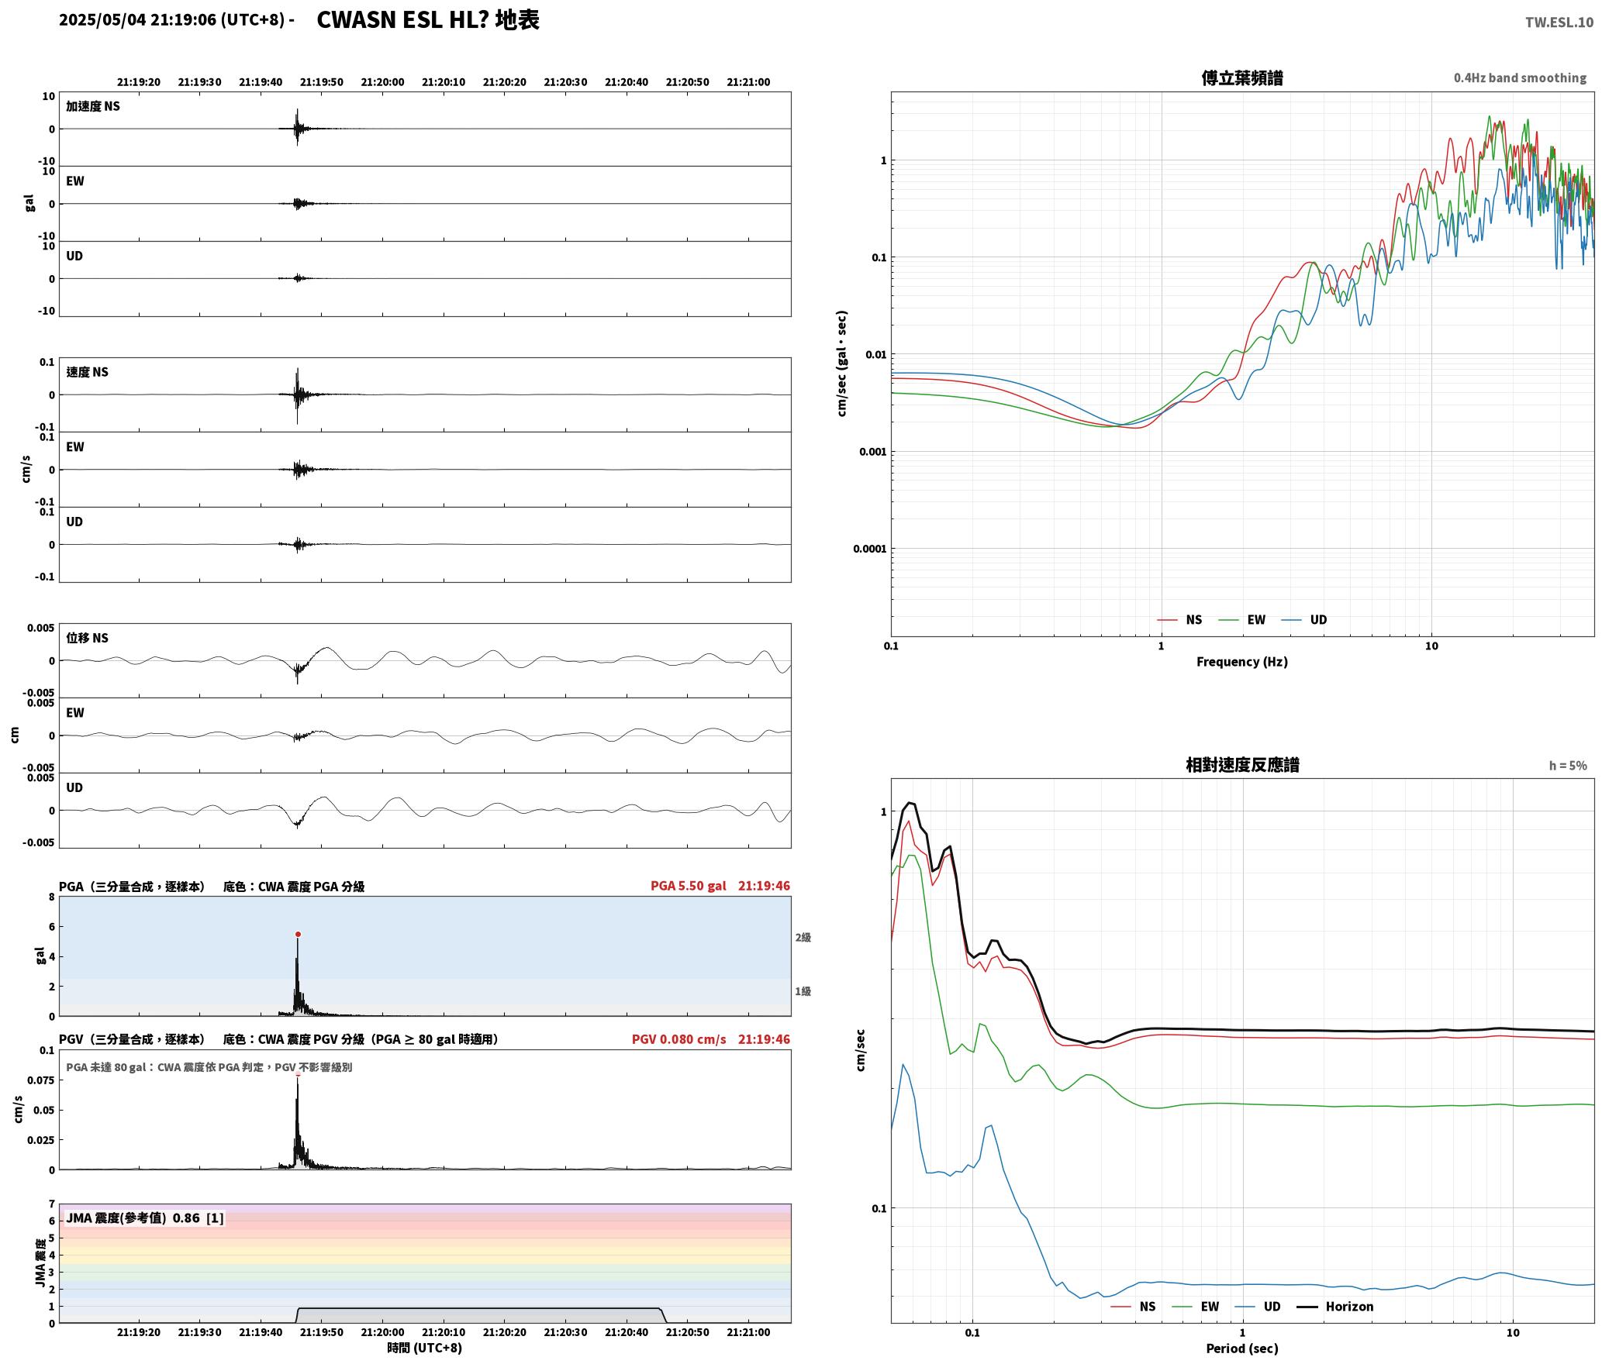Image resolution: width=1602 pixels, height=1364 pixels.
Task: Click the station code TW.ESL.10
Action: coord(1559,22)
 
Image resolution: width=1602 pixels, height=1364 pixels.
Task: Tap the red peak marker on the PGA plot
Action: coord(298,935)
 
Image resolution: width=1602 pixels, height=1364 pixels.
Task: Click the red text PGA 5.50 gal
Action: coord(689,886)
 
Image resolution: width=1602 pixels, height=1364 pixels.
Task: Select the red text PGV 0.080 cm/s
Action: coord(679,1039)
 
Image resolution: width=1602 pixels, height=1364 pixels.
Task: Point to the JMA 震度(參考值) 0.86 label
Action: coord(133,1218)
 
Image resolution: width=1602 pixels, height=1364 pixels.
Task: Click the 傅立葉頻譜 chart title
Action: coord(1242,78)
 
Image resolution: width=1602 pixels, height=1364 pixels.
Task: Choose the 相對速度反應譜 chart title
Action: coord(1242,765)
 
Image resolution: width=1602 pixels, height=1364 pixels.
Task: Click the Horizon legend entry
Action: coord(1335,1307)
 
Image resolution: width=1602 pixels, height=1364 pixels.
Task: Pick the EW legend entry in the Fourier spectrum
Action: coord(1242,620)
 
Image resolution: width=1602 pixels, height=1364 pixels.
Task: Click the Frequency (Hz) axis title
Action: coord(1242,662)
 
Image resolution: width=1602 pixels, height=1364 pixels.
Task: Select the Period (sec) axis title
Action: coord(1242,1348)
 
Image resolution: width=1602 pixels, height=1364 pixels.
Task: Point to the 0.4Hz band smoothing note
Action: coord(1520,78)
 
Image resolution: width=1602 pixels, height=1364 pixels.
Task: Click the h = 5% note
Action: coord(1568,766)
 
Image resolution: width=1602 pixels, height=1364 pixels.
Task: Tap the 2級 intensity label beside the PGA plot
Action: coord(803,938)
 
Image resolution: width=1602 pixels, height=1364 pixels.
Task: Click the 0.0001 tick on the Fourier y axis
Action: coord(869,549)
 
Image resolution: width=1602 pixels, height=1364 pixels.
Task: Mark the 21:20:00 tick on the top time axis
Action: coord(382,82)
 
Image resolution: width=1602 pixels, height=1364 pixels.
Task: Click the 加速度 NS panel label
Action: coord(93,106)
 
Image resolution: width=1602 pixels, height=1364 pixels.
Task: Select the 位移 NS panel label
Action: coord(87,638)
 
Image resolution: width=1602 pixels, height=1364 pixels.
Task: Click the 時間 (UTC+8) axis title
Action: coord(425,1348)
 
